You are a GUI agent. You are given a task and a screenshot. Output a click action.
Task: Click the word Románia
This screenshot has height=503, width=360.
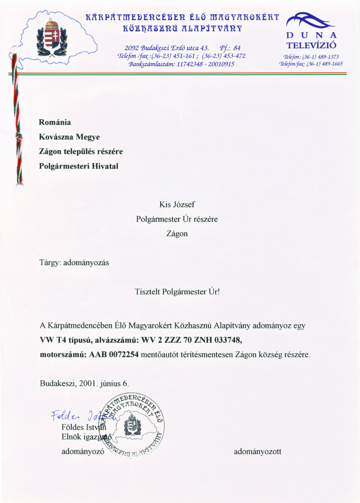point(55,122)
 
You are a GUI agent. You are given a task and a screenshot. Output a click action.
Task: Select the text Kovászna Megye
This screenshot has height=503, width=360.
point(69,137)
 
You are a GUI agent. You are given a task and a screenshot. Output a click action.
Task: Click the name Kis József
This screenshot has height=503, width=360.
point(177,205)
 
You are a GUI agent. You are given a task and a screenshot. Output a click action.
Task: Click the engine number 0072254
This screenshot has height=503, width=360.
point(120,354)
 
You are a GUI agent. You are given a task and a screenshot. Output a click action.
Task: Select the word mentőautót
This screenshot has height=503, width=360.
point(158,354)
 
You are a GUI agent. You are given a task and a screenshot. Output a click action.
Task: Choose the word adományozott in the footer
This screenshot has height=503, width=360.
point(258,451)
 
